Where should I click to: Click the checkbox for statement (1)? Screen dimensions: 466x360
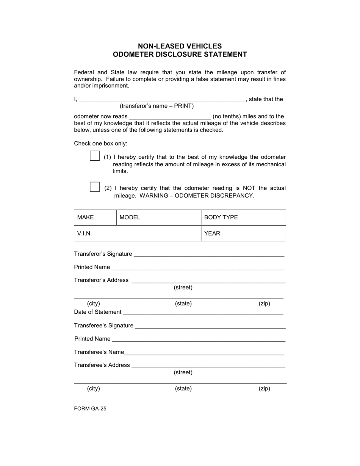point(95,156)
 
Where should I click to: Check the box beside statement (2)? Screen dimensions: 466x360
point(95,187)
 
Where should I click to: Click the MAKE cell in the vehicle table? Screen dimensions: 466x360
point(95,217)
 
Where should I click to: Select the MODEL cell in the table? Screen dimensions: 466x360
point(158,217)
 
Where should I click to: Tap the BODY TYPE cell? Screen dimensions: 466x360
point(243,217)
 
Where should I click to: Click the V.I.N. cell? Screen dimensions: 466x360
point(137,233)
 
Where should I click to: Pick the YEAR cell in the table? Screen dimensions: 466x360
point(243,233)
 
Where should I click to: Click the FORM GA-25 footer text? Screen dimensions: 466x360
point(90,408)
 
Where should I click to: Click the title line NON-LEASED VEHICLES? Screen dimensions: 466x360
point(180,46)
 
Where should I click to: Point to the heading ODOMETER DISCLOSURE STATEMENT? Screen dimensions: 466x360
point(180,55)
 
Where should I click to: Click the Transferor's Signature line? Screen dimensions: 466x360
point(209,254)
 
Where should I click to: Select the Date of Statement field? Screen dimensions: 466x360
point(203,312)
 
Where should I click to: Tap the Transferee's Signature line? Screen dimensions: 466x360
point(210,325)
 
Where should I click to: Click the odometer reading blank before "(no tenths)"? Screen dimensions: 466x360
point(170,116)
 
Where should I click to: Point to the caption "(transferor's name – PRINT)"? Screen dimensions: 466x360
point(157,106)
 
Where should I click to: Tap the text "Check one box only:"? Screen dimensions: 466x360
point(100,144)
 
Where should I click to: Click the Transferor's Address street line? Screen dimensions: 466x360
point(208,280)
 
